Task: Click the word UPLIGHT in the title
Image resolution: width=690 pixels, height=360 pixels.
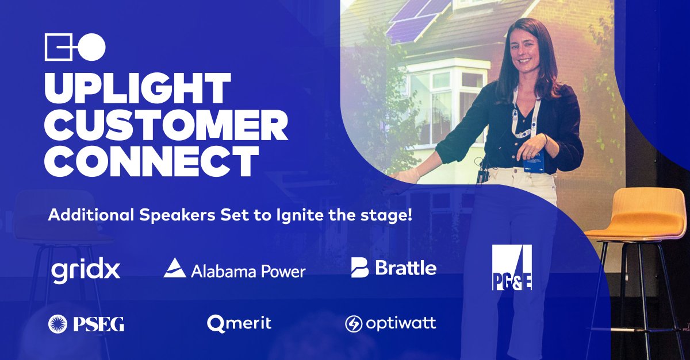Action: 137,88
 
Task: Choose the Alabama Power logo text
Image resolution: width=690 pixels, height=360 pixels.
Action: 247,270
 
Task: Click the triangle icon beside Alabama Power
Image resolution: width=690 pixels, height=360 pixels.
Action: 174,268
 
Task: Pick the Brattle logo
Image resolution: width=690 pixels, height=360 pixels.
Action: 394,268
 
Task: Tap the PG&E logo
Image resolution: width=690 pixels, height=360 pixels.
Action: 512,268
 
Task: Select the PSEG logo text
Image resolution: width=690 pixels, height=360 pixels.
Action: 98,324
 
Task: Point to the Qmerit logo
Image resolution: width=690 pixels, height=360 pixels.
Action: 239,324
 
